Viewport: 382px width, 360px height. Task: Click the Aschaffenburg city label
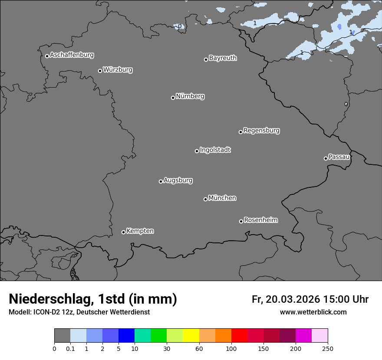pyautogui.click(x=72, y=55)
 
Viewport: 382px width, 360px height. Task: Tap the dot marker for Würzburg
pyautogui.click(x=100, y=71)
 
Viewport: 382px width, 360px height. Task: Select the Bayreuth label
pyautogui.click(x=223, y=58)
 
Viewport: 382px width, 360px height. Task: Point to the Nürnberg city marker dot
pyautogui.click(x=173, y=98)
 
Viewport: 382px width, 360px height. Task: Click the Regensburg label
pyautogui.click(x=261, y=131)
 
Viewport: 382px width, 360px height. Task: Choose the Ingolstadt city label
pyautogui.click(x=215, y=150)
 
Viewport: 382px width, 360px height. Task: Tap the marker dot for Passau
pyautogui.click(x=326, y=158)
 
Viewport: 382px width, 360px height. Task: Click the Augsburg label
pyautogui.click(x=178, y=180)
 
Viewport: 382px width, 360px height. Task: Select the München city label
pyautogui.click(x=222, y=198)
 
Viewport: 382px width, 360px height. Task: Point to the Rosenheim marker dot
pyautogui.click(x=241, y=222)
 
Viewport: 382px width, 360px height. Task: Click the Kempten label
pyautogui.click(x=140, y=231)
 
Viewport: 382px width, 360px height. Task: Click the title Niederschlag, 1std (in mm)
pyautogui.click(x=93, y=299)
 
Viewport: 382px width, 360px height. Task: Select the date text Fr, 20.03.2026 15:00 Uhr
pyautogui.click(x=310, y=299)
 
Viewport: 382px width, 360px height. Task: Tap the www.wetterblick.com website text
pyautogui.click(x=313, y=312)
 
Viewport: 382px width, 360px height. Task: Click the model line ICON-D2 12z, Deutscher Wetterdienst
pyautogui.click(x=79, y=312)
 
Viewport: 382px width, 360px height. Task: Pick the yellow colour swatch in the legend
pyautogui.click(x=191, y=336)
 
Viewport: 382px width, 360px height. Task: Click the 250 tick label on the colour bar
pyautogui.click(x=328, y=348)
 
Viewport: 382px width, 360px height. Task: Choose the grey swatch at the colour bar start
pyautogui.click(x=62, y=336)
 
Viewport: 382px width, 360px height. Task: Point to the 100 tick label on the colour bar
pyautogui.click(x=231, y=348)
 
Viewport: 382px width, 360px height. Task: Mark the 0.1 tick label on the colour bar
pyautogui.click(x=70, y=348)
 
